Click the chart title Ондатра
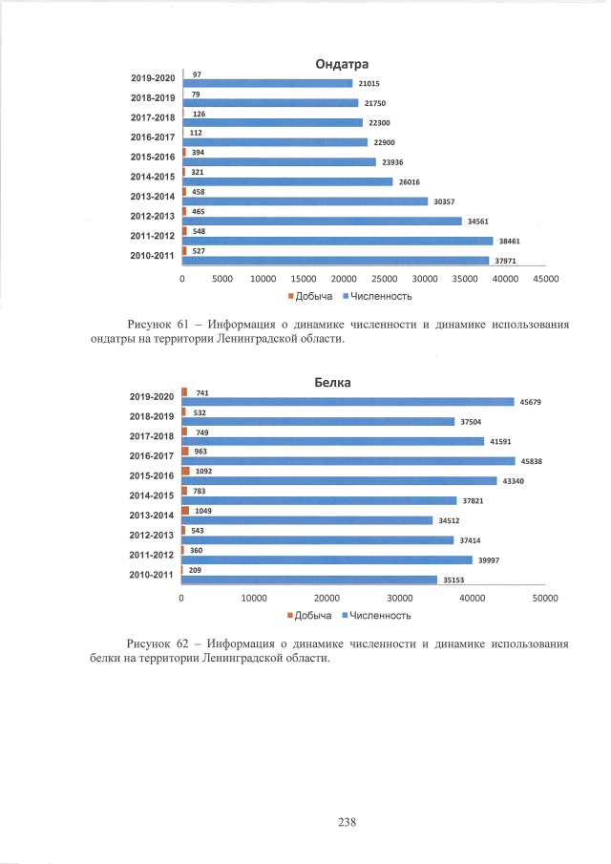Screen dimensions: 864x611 pyautogui.click(x=342, y=65)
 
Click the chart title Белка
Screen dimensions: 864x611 pyautogui.click(x=333, y=383)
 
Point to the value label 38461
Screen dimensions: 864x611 pyautogui.click(x=507, y=241)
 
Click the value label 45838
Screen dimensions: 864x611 pyautogui.click(x=530, y=461)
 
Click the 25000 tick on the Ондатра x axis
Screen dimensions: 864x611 pyautogui.click(x=384, y=279)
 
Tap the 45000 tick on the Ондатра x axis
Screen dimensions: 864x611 pyautogui.click(x=545, y=279)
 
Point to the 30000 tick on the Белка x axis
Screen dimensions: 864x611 pyautogui.click(x=400, y=598)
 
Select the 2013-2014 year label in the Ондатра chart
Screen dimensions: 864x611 pyautogui.click(x=151, y=196)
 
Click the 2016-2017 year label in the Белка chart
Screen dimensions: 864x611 pyautogui.click(x=151, y=455)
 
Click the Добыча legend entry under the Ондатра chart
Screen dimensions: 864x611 pyautogui.click(x=311, y=297)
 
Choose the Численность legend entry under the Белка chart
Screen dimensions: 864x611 pyautogui.click(x=379, y=615)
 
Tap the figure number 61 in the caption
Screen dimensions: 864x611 pyautogui.click(x=186, y=325)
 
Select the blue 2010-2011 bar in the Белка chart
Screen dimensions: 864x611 pyautogui.click(x=309, y=580)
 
